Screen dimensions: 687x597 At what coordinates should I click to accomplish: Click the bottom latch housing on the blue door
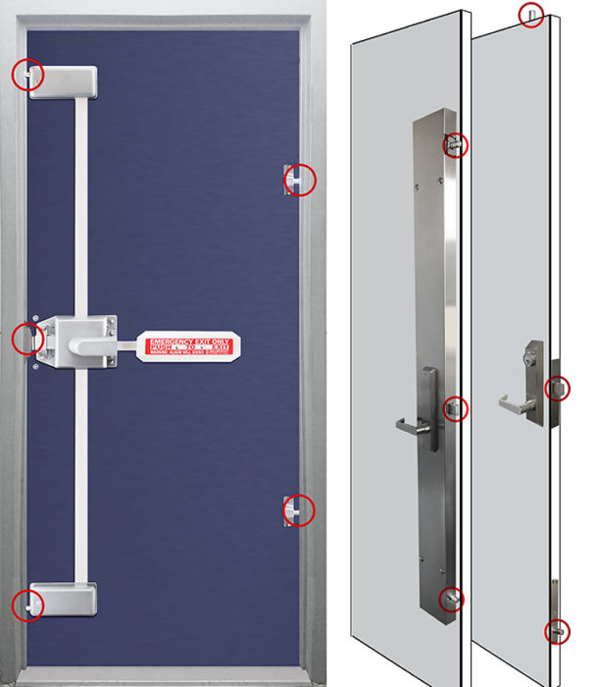[x=66, y=598]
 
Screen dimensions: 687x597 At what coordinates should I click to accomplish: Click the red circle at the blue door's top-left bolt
[x=27, y=75]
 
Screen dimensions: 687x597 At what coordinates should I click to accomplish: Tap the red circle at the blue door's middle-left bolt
[x=26, y=339]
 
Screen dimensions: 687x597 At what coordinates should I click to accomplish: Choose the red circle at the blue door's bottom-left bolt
[x=27, y=605]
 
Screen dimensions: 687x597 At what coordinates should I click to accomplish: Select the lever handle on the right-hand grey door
[x=514, y=403]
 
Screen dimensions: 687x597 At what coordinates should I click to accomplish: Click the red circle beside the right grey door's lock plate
[x=556, y=389]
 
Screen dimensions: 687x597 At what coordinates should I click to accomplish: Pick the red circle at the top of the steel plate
[x=456, y=145]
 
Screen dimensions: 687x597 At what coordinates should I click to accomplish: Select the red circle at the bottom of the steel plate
[x=452, y=599]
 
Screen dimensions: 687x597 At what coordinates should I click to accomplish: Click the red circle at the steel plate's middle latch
[x=456, y=407]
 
